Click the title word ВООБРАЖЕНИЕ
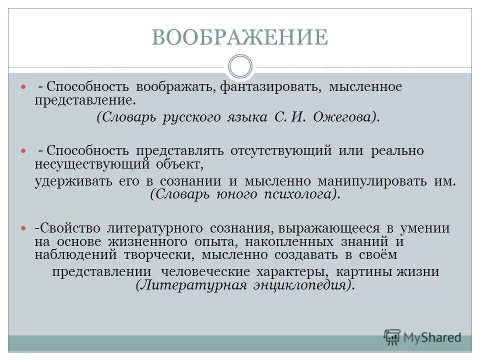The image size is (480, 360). coord(240,38)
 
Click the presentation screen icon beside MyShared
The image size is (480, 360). coord(392,337)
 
